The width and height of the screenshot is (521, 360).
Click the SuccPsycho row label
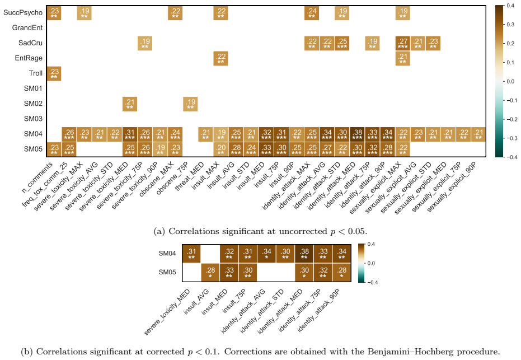click(x=23, y=13)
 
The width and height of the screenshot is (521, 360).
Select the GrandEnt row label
click(x=27, y=27)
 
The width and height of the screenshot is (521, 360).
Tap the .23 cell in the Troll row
click(x=54, y=73)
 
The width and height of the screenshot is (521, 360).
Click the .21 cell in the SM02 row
click(x=130, y=104)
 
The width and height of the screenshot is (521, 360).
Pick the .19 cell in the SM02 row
click(x=190, y=104)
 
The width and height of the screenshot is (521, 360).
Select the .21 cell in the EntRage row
click(x=403, y=58)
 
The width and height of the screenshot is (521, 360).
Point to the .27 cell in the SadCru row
click(x=403, y=43)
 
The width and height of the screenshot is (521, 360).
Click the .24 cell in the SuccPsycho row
click(x=312, y=13)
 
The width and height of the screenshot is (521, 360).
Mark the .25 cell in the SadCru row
click(x=342, y=43)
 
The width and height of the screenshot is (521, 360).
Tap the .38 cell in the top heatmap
click(x=357, y=134)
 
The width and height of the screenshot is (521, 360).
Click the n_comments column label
click(x=37, y=177)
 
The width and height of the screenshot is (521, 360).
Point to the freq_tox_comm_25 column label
click(x=45, y=185)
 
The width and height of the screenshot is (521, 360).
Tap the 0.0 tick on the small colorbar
click(x=371, y=263)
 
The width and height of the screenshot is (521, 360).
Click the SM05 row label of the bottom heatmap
click(x=167, y=272)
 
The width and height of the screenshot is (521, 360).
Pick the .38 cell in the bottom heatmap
click(x=304, y=254)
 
